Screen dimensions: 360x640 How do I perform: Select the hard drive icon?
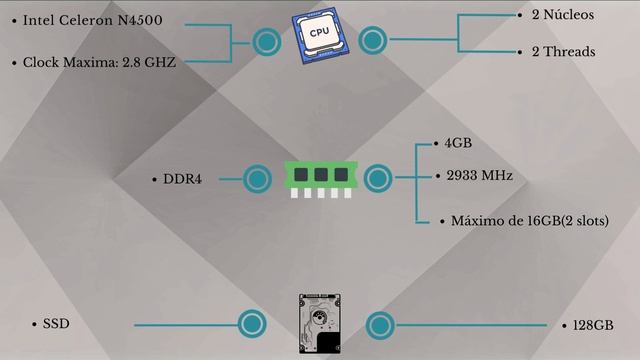(x=319, y=324)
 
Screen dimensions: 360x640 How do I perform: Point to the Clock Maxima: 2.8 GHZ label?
(x=99, y=62)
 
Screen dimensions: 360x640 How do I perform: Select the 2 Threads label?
(x=564, y=52)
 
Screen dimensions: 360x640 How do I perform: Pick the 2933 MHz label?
(x=479, y=176)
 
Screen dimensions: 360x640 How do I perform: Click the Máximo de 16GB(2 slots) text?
(x=529, y=220)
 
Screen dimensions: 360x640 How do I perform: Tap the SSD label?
(x=56, y=325)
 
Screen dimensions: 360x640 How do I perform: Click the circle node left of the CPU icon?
(x=266, y=42)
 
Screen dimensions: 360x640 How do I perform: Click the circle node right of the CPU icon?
(x=372, y=42)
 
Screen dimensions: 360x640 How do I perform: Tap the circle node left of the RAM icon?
(x=258, y=179)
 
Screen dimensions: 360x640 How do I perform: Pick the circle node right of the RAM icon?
(x=377, y=179)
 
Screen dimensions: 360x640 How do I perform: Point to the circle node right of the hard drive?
(x=380, y=324)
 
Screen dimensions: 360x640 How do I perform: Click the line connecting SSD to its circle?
(x=185, y=325)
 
